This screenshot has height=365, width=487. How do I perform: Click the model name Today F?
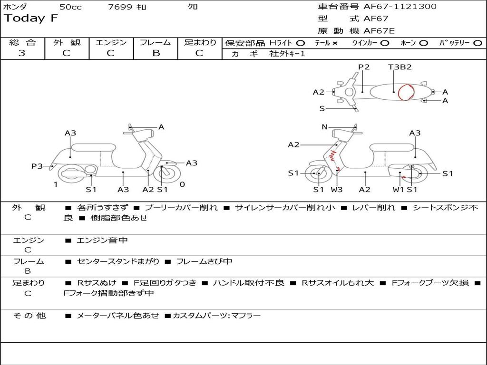coord(31,19)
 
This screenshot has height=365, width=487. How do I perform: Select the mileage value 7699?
coord(120,7)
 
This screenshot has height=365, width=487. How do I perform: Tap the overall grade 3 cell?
coord(22,53)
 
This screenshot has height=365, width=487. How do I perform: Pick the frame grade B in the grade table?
coord(156,53)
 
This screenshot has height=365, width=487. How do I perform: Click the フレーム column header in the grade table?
coord(156,43)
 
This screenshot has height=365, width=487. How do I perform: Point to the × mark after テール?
coord(335,43)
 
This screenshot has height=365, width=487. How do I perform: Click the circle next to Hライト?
coord(301,43)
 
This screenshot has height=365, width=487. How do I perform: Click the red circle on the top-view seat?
coord(406,92)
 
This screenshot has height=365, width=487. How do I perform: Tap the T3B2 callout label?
coord(399,67)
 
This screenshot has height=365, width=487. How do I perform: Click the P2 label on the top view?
coord(364,67)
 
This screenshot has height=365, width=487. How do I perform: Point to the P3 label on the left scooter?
coord(37,166)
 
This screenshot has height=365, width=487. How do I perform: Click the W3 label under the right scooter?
coord(337,190)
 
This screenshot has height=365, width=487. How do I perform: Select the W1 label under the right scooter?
coord(398,190)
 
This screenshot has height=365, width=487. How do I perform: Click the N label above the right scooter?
coord(325,127)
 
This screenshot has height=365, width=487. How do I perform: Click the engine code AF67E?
coord(379,31)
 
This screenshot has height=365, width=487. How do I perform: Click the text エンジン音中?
coord(102,240)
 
